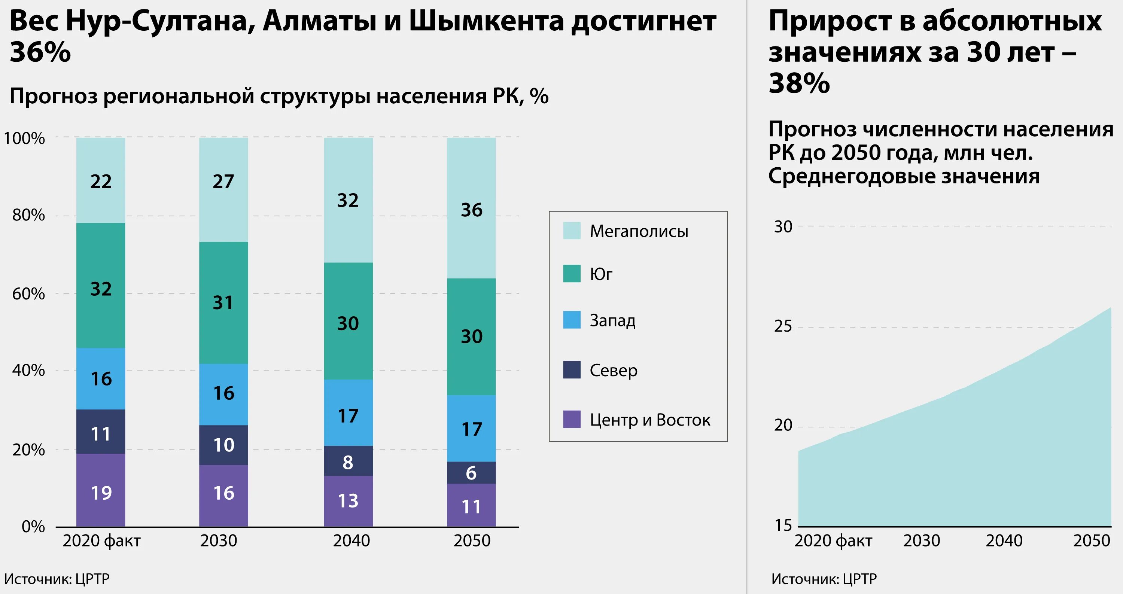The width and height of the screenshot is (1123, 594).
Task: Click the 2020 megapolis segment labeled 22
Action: pos(101,180)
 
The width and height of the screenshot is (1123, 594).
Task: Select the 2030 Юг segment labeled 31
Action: pos(223,302)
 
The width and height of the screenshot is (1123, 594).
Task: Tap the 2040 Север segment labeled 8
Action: pos(348,462)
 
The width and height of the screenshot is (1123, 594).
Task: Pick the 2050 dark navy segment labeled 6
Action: pos(471,473)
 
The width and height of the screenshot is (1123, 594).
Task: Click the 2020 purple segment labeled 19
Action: pos(101,493)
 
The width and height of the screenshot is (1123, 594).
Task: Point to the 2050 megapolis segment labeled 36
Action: pos(471,210)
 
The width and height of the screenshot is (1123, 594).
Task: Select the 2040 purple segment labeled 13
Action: pos(348,500)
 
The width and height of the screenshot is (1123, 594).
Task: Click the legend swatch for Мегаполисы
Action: pos(572,231)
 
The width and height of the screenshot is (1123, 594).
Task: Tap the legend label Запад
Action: pos(612,320)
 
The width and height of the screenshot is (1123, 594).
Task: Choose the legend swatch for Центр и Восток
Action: pos(572,419)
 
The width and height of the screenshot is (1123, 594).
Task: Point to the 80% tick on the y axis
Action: pos(28,215)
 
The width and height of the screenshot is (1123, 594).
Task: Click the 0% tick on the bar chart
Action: pos(33,527)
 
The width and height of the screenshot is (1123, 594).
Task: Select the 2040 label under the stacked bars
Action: pos(351,541)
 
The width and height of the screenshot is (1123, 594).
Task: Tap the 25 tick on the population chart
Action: pos(783,326)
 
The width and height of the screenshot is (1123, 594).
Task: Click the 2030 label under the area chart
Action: pos(922,541)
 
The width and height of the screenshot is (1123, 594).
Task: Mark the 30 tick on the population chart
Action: pos(783,226)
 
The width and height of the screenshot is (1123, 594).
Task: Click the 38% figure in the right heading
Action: pos(799,83)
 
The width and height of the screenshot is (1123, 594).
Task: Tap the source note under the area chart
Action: pos(824,579)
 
